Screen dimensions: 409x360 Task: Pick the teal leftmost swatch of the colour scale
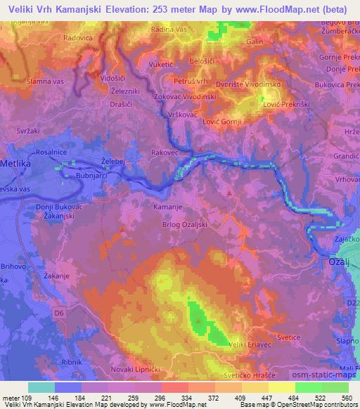(41, 387)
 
